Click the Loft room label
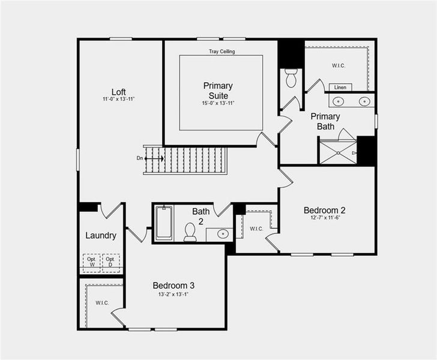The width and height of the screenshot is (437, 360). (x=118, y=92)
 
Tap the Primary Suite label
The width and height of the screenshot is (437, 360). (x=218, y=91)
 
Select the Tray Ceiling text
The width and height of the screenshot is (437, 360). (x=222, y=52)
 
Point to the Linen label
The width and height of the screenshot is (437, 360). (x=340, y=87)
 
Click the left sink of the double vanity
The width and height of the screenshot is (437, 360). (x=339, y=101)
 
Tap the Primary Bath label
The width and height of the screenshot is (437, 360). (x=325, y=121)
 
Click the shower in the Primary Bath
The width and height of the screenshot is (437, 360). (x=338, y=151)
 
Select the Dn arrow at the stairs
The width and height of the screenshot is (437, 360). (x=154, y=158)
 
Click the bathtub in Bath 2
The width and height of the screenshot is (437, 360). (x=163, y=223)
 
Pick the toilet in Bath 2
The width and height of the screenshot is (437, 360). (x=190, y=232)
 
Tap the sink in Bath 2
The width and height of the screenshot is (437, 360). (x=222, y=234)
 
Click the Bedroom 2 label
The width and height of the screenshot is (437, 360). (x=324, y=210)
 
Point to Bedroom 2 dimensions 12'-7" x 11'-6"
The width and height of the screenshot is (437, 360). (x=324, y=218)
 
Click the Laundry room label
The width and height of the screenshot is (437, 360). (x=101, y=235)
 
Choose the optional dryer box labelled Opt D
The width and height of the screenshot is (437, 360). (x=110, y=262)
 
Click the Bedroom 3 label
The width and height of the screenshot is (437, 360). (x=173, y=286)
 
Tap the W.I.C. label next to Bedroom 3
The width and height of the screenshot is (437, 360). (x=102, y=302)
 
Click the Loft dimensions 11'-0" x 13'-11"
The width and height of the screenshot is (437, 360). (x=118, y=99)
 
